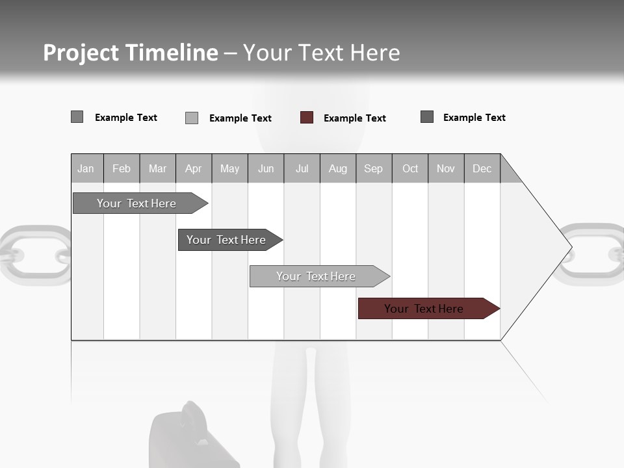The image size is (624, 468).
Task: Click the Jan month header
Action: tap(86, 168)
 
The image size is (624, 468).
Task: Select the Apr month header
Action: tap(194, 168)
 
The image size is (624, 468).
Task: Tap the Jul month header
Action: tap(302, 168)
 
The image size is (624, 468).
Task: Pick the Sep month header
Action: tap(374, 168)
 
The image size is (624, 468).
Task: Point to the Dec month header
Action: tap(482, 168)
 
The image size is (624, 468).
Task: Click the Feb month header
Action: tap(122, 168)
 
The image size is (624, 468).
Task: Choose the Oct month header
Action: tap(410, 168)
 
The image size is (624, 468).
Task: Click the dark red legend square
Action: tap(307, 118)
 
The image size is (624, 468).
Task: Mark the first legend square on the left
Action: tap(77, 117)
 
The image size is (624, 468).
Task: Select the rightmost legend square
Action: tap(427, 117)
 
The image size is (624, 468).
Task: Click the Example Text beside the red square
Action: tap(354, 118)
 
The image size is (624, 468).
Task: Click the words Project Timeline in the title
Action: tap(130, 53)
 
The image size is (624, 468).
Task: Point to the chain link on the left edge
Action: tap(32, 255)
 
